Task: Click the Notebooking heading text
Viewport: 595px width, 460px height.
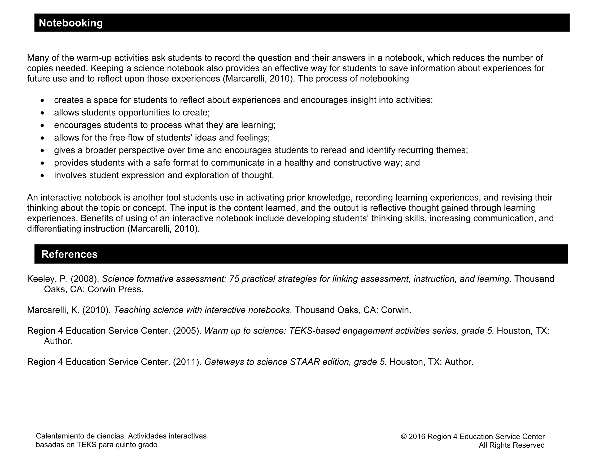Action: [x=71, y=23]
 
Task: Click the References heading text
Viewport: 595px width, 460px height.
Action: [x=69, y=254]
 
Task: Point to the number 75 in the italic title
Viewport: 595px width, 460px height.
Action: [x=234, y=279]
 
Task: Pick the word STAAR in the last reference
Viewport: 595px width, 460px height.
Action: [x=305, y=362]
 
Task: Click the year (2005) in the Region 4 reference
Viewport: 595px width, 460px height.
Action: [x=187, y=331]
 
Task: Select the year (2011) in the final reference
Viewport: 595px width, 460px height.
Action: [x=187, y=362]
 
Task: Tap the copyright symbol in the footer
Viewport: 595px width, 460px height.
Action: [x=404, y=437]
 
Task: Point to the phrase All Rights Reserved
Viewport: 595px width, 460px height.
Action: [x=512, y=445]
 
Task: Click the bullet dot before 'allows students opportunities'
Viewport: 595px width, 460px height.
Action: [x=42, y=113]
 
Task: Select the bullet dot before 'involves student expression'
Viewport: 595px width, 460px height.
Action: [x=42, y=176]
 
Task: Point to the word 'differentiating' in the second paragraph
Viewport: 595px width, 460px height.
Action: [x=54, y=228]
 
